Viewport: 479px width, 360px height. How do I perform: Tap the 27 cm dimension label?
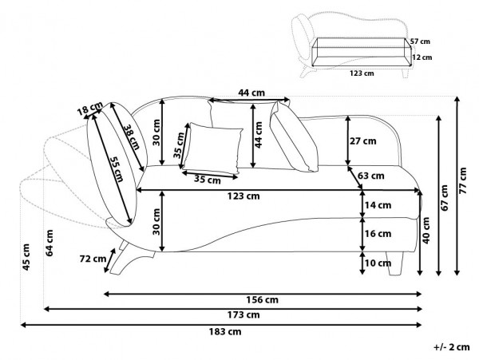pyautogui.click(x=362, y=141)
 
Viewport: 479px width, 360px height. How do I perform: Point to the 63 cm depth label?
pyautogui.click(x=371, y=176)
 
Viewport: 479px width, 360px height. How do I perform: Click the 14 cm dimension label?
pyautogui.click(x=379, y=205)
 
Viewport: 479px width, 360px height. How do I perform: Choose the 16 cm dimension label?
pyautogui.click(x=379, y=234)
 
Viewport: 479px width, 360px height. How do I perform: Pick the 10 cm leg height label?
pyautogui.click(x=379, y=263)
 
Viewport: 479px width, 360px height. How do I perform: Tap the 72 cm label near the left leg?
pyautogui.click(x=93, y=258)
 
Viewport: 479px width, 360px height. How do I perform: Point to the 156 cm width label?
pyautogui.click(x=262, y=300)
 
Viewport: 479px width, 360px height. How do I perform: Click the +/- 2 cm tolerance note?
pyautogui.click(x=452, y=348)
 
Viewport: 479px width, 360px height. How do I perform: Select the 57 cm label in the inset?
pyautogui.click(x=420, y=41)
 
